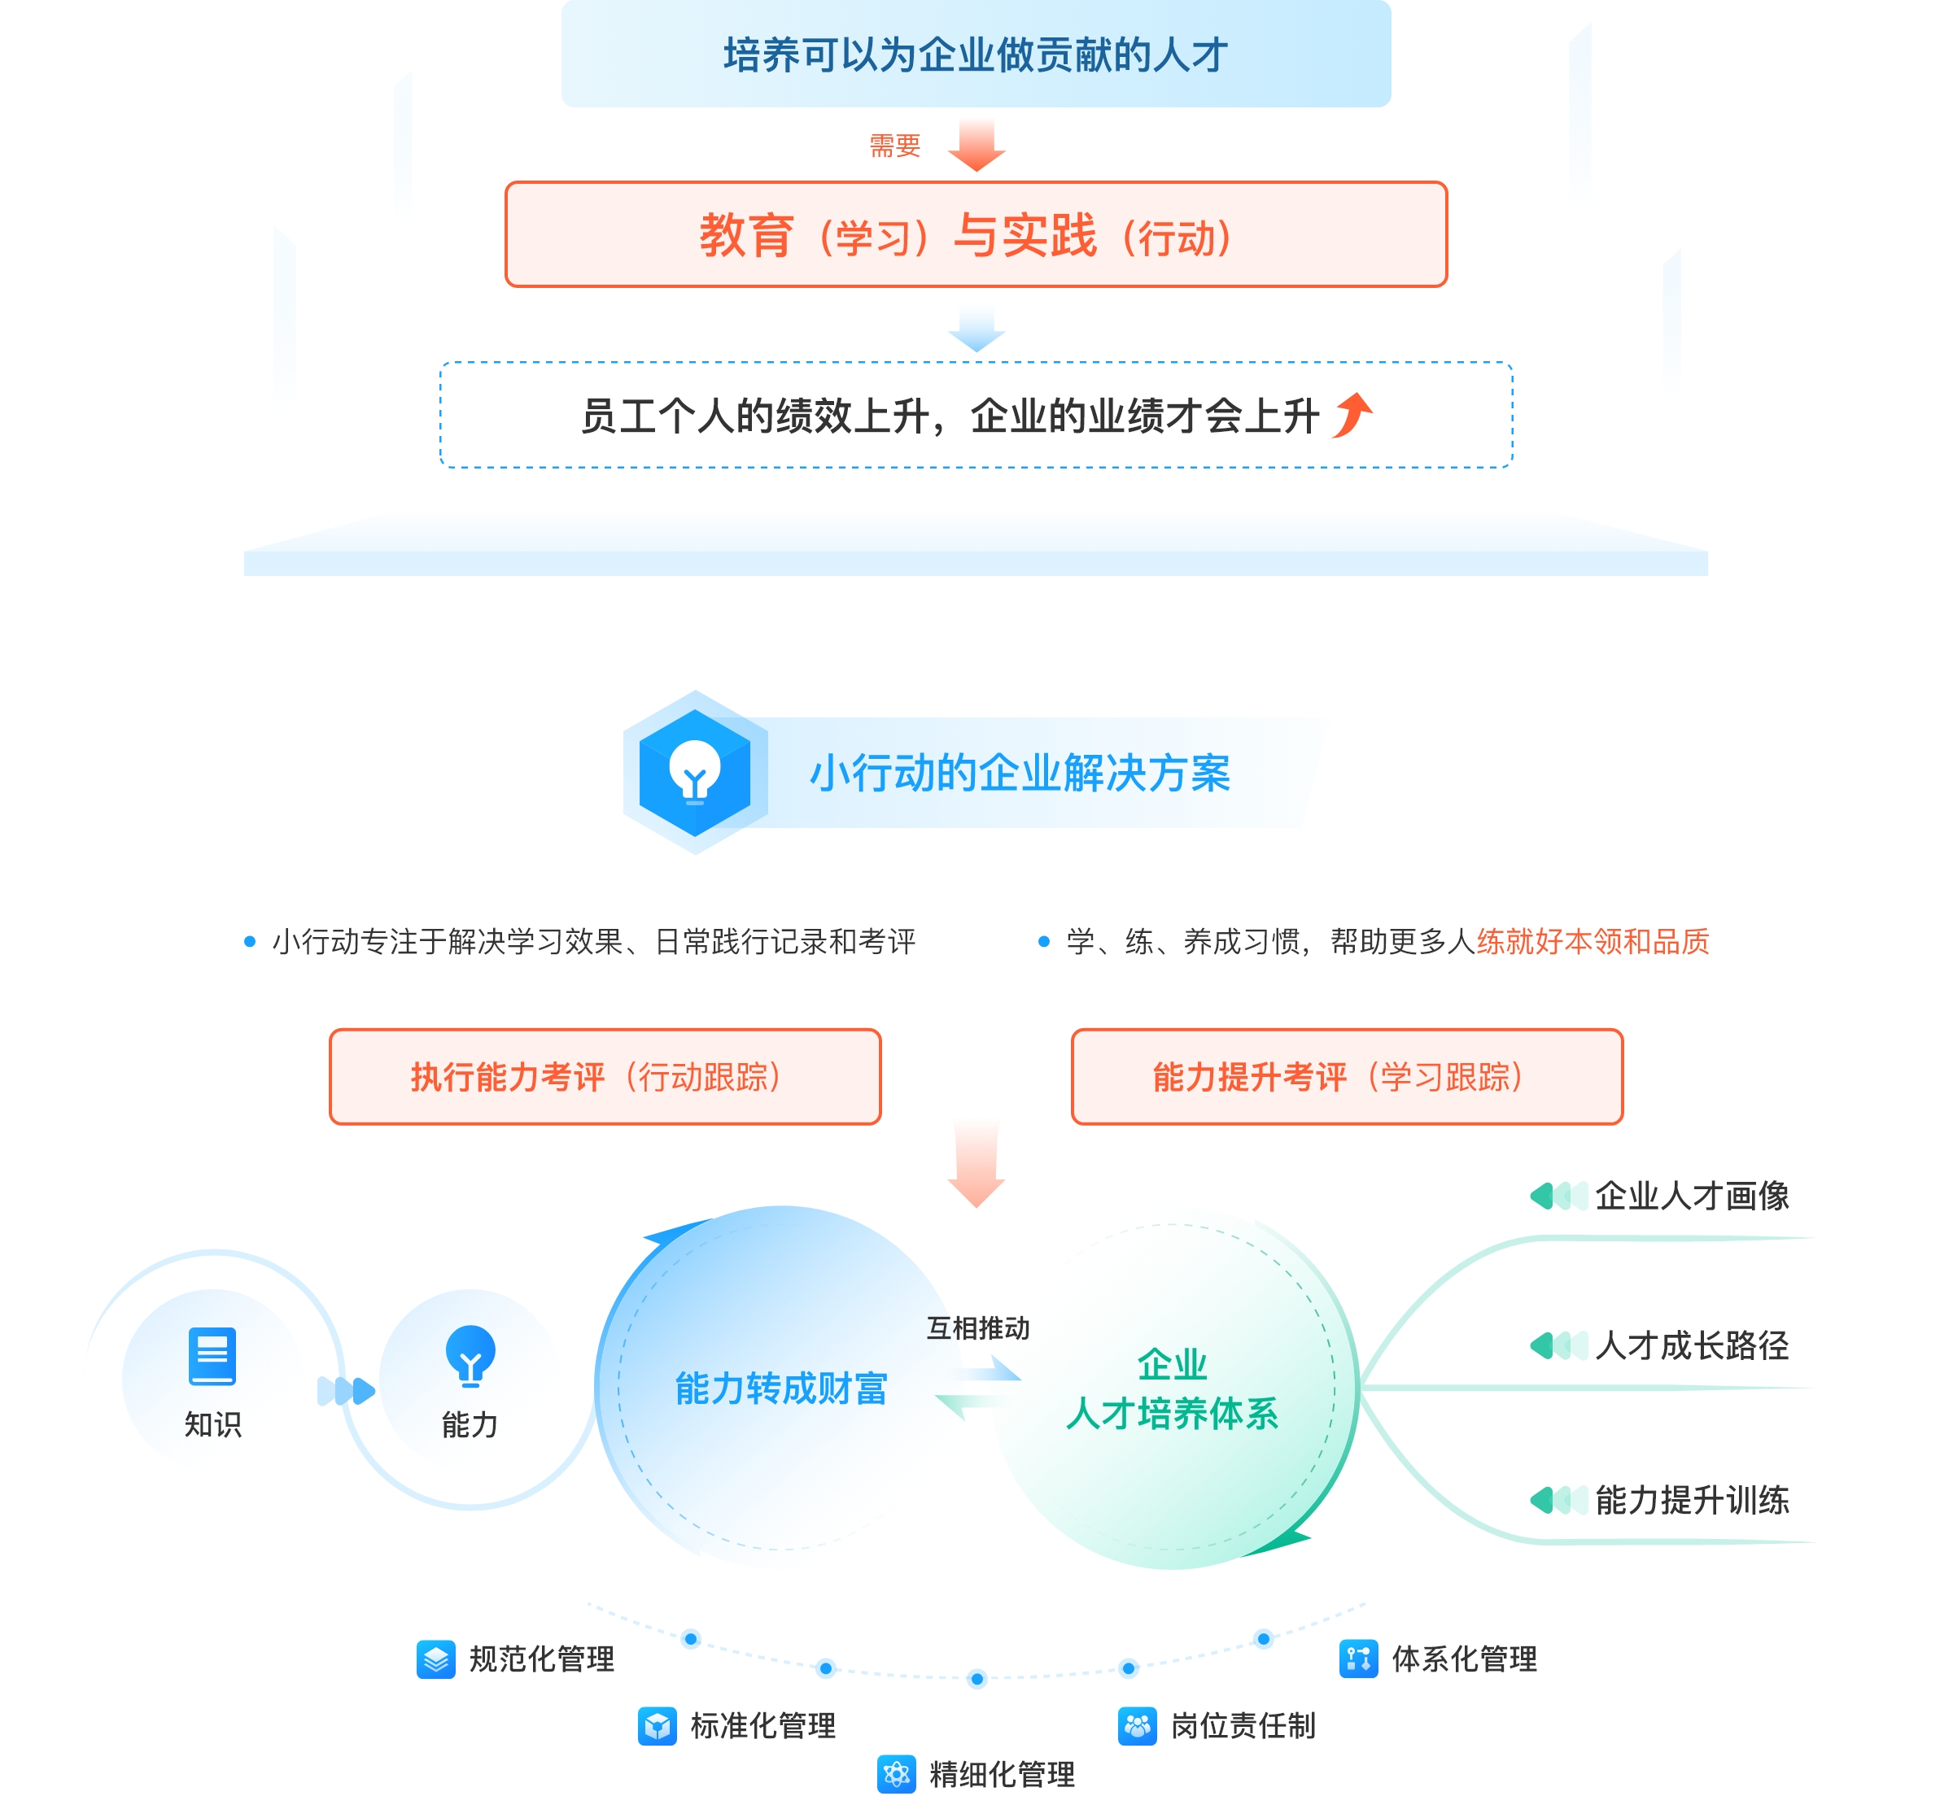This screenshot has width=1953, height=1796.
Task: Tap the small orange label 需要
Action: coord(894,146)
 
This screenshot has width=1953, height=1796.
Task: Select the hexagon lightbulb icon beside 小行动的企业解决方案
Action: coord(695,773)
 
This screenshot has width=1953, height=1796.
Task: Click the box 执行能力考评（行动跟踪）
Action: coord(605,1077)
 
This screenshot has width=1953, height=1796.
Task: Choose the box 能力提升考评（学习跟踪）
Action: coord(1347,1077)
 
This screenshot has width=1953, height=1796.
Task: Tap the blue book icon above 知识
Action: coord(212,1356)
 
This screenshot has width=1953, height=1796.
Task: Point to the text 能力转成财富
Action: coord(780,1388)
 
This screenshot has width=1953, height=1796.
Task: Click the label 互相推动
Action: coord(977,1328)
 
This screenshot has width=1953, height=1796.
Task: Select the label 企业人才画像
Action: coord(1692,1196)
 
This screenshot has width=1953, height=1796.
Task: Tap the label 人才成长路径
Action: coord(1692,1346)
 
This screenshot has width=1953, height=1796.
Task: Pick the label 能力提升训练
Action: coord(1692,1501)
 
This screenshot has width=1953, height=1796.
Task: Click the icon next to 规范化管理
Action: coord(435,1659)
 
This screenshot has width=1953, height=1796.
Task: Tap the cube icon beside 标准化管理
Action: coord(658,1726)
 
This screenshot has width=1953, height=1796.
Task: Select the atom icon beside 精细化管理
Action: coord(896,1775)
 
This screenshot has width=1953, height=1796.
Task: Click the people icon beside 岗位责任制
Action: coord(1138,1726)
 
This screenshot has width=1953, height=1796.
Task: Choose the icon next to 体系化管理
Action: coord(1358,1659)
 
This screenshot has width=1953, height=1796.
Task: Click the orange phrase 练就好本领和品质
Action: coord(1593,942)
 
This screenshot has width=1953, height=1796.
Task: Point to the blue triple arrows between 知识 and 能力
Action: coord(346,1391)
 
